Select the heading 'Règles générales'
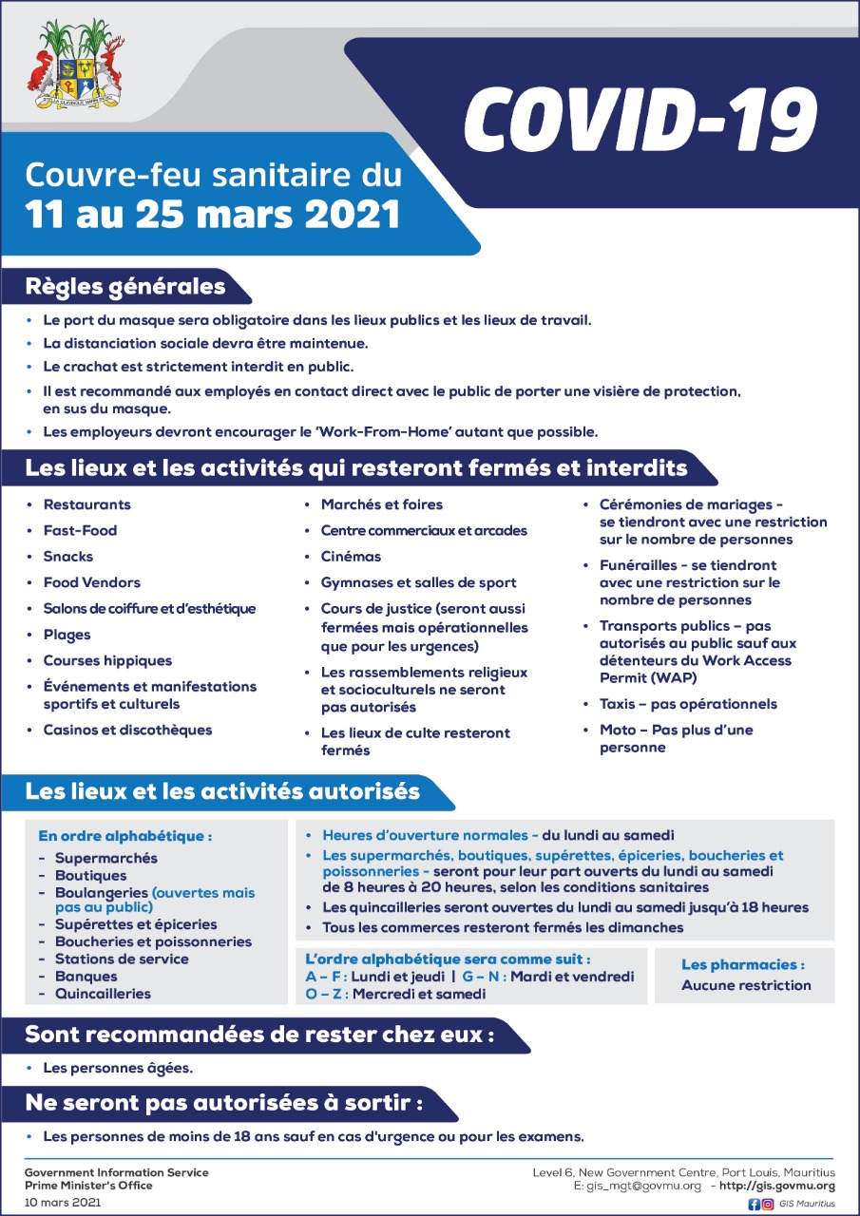tap(125, 285)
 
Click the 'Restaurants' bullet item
tap(86, 504)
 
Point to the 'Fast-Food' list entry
tap(80, 530)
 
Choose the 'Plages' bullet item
tap(67, 635)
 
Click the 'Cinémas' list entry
tap(351, 557)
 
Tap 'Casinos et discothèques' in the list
tap(127, 730)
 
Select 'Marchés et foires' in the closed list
tap(381, 504)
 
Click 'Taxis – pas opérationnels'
tap(687, 704)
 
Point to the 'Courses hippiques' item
tap(107, 660)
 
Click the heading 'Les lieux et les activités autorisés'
tap(222, 790)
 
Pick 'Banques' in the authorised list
tap(86, 976)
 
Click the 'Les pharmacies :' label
tap(743, 964)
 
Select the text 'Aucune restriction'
tap(746, 985)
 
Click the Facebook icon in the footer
tap(754, 1204)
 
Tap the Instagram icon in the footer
tap(768, 1204)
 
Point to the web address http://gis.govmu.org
tap(777, 1186)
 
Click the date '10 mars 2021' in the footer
tap(63, 1203)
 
